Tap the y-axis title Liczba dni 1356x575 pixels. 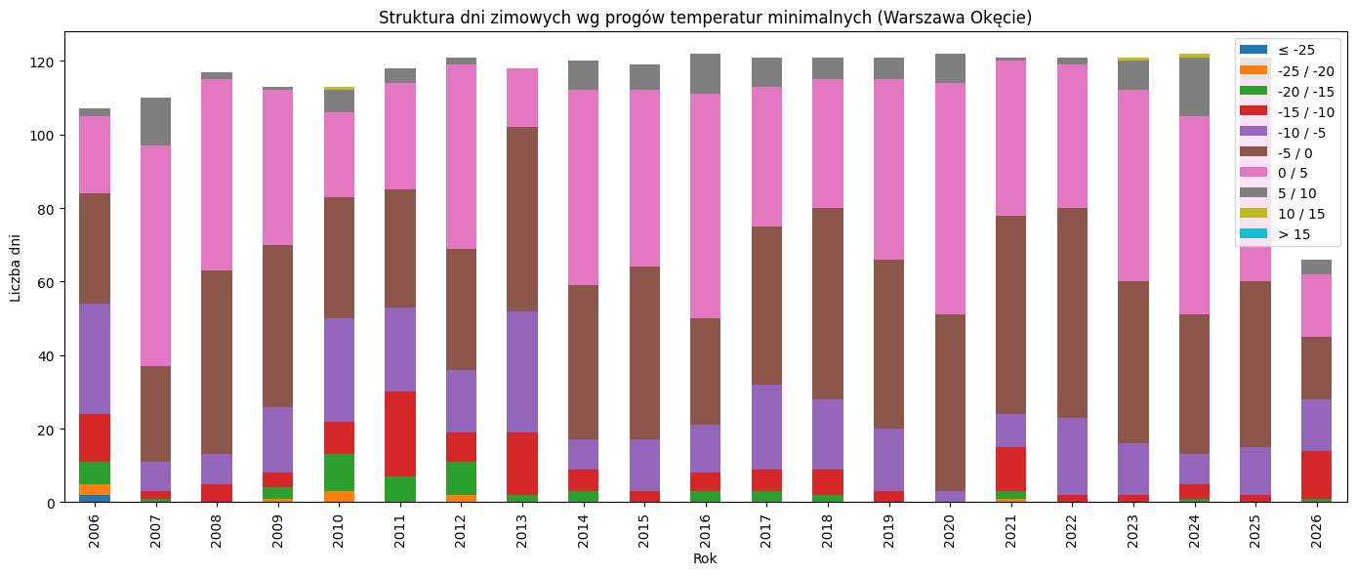tap(17, 267)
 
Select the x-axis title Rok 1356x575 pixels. tap(705, 559)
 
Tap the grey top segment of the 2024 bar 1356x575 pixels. tap(1194, 87)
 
